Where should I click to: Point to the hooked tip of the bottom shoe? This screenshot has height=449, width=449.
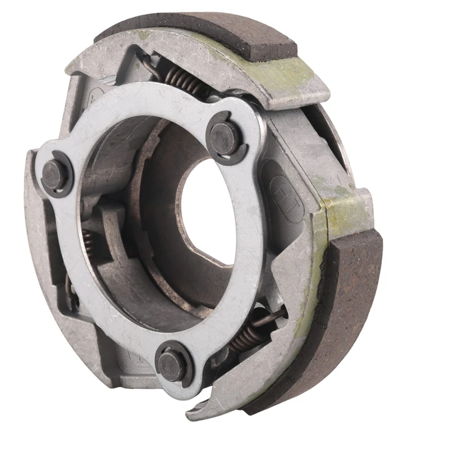click(x=196, y=413)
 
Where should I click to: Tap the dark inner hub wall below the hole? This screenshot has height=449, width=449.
click(x=185, y=281)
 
